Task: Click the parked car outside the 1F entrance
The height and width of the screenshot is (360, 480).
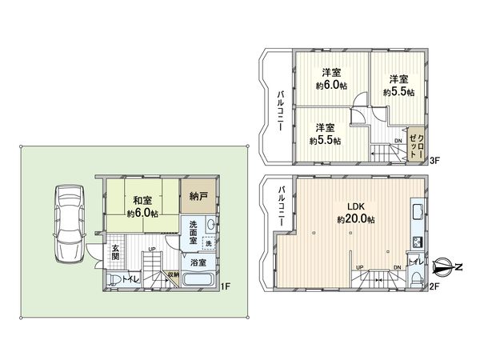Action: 69,224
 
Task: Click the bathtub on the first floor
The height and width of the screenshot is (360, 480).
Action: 198,280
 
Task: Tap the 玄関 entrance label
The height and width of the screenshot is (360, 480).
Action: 115,252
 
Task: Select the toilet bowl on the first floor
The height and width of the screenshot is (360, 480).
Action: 117,279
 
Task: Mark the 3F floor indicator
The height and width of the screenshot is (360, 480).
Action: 434,161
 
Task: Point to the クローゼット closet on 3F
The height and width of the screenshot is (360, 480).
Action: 416,146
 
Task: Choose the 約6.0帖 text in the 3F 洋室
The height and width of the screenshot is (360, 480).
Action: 330,86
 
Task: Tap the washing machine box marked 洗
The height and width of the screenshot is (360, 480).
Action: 208,243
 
